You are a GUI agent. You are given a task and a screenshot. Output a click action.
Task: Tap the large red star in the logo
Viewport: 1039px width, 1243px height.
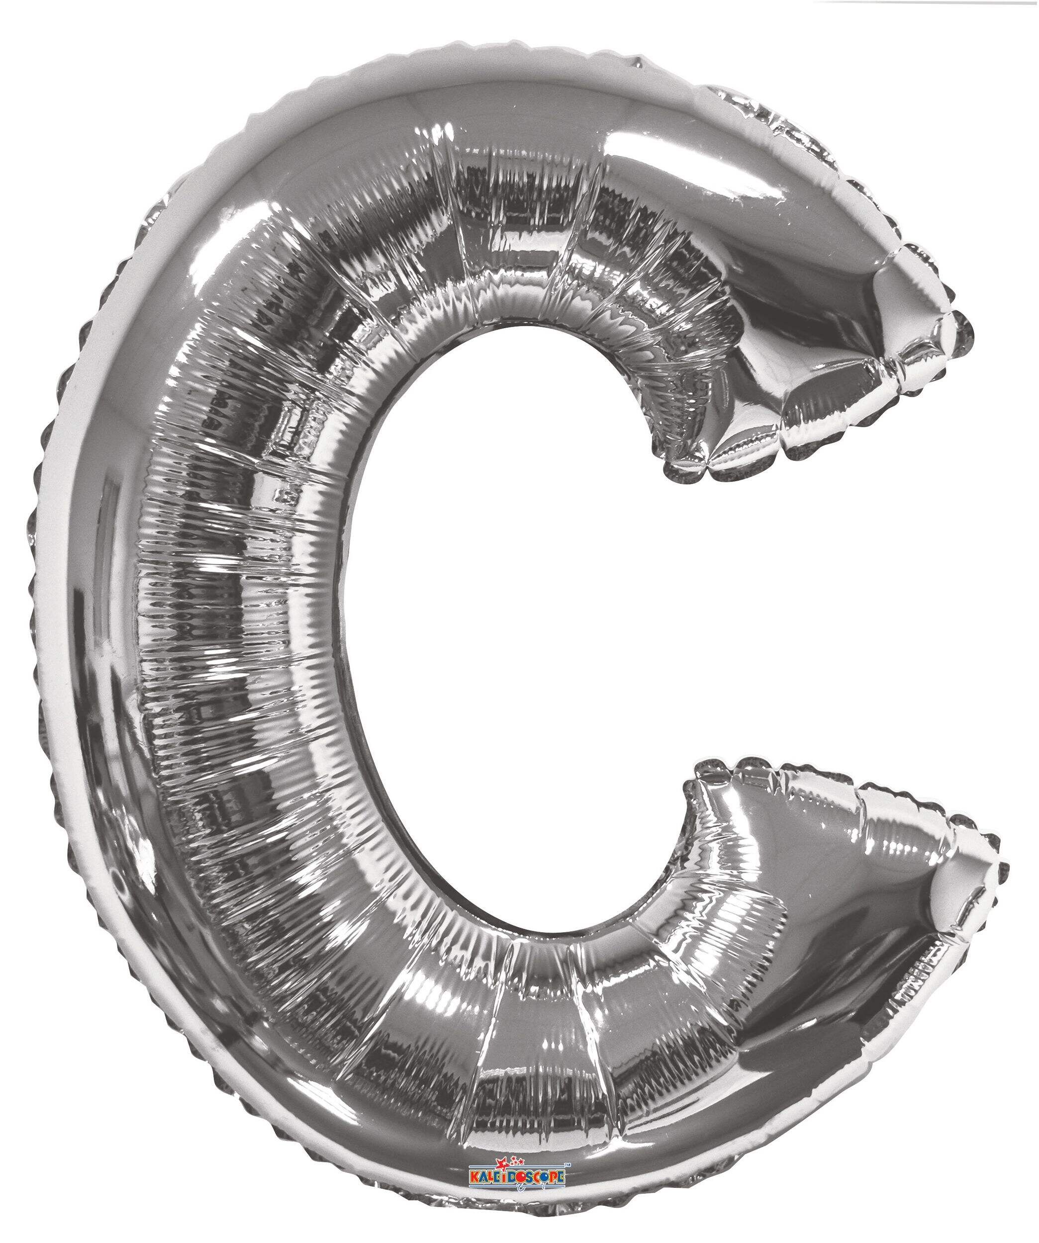click(x=503, y=1163)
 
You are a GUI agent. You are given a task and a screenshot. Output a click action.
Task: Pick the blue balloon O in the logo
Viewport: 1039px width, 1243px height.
click(x=545, y=1177)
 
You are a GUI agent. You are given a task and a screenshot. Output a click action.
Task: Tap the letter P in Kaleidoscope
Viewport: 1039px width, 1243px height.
click(x=554, y=1177)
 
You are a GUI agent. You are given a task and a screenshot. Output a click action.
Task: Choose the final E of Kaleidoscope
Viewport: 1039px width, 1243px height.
click(x=561, y=1177)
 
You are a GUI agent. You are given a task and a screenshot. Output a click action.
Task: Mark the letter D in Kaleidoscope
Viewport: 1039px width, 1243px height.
click(x=511, y=1178)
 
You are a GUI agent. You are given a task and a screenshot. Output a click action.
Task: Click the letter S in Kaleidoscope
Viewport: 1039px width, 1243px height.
click(x=529, y=1177)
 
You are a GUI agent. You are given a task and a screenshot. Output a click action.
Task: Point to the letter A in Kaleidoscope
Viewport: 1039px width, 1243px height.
click(x=483, y=1178)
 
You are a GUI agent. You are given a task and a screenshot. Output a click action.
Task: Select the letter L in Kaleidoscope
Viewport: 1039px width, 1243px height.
click(x=491, y=1177)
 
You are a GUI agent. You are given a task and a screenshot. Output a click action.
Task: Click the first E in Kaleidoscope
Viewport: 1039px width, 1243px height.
click(x=497, y=1177)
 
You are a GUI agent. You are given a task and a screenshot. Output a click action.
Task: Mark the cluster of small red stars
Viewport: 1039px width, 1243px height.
click(x=517, y=1161)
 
